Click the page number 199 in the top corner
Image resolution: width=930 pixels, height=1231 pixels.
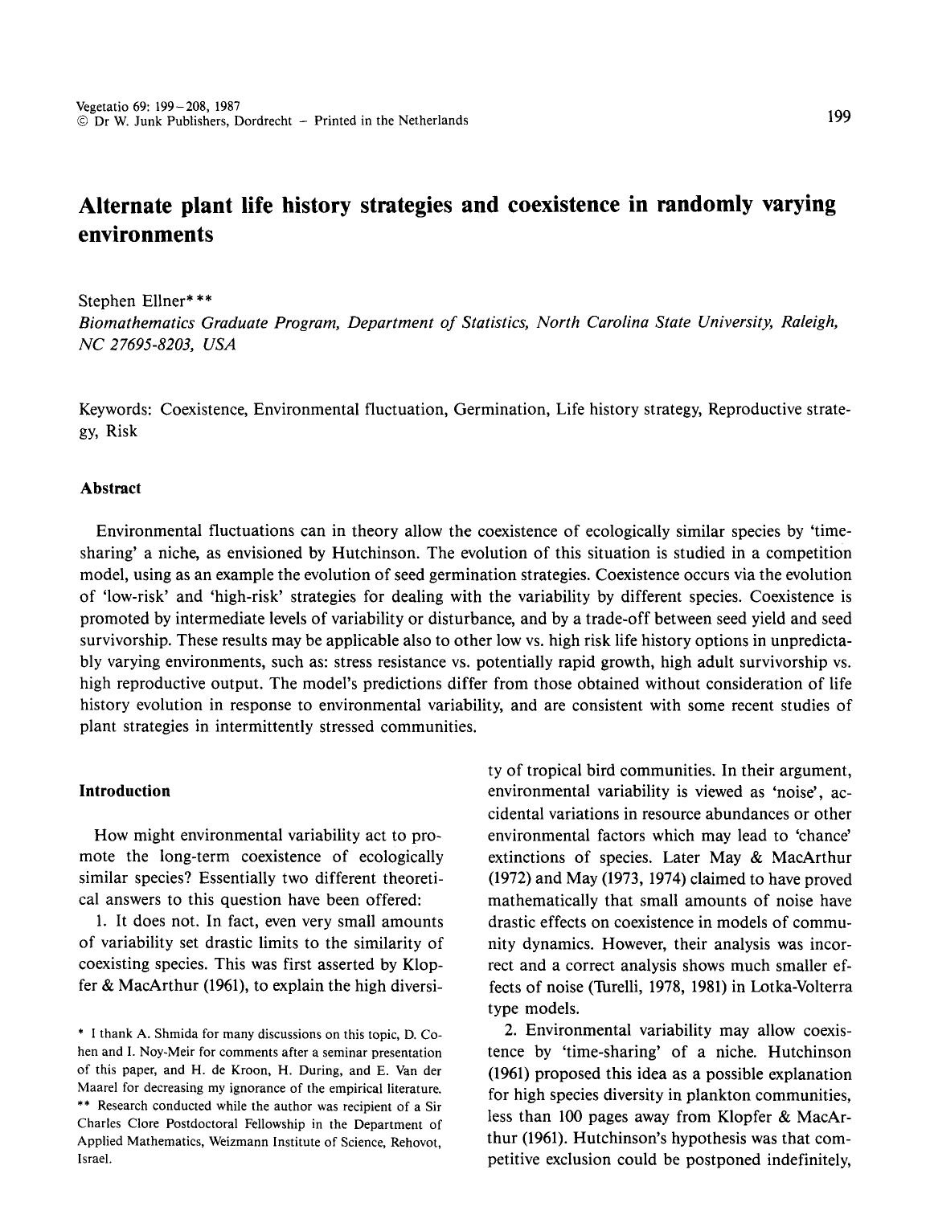click(x=838, y=117)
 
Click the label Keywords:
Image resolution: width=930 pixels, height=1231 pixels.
click(x=116, y=409)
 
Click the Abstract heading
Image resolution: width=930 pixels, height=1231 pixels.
click(x=110, y=489)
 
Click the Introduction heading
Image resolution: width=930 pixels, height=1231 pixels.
click(x=125, y=791)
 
